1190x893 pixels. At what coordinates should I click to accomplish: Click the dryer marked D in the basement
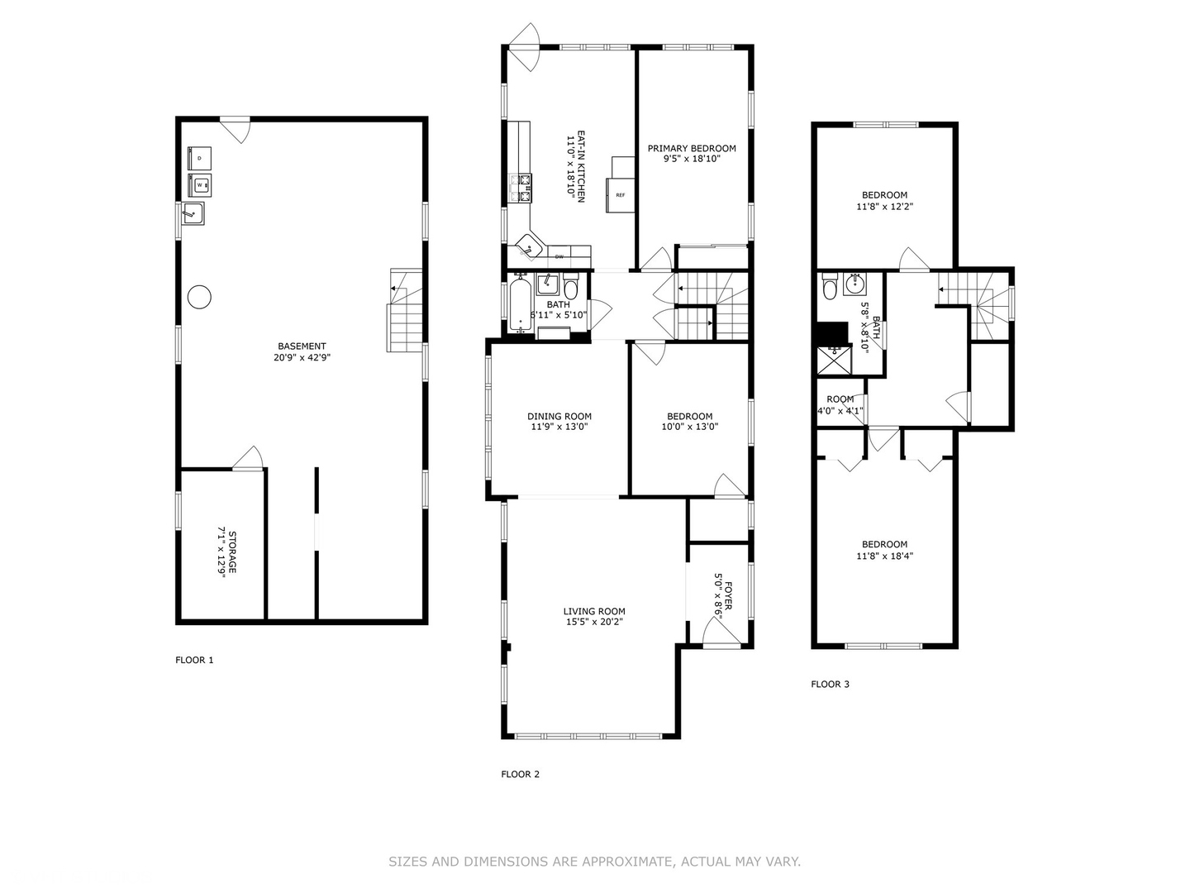(199, 158)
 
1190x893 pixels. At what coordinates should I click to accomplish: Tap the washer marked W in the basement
(199, 185)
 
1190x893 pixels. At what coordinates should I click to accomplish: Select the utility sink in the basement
(193, 213)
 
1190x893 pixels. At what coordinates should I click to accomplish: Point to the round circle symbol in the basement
(199, 297)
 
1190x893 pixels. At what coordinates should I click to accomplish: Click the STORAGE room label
(232, 552)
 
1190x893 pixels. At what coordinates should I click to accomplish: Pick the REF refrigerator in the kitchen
(621, 195)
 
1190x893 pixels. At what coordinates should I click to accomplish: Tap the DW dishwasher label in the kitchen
(559, 256)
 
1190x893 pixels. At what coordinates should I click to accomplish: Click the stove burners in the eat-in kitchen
(519, 189)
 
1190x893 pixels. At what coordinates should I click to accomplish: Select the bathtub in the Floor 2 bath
(521, 305)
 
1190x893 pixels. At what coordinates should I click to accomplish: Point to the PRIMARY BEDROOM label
(692, 149)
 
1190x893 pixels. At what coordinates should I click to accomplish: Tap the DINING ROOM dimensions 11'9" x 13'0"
(559, 427)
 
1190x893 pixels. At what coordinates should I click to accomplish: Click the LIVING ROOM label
(594, 612)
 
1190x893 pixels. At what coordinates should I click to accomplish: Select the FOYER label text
(728, 595)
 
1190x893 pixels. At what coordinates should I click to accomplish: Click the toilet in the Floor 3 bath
(830, 288)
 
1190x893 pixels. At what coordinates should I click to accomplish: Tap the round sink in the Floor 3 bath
(855, 284)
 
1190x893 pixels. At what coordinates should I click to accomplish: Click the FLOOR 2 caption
(520, 774)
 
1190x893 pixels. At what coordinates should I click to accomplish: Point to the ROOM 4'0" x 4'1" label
(840, 405)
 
